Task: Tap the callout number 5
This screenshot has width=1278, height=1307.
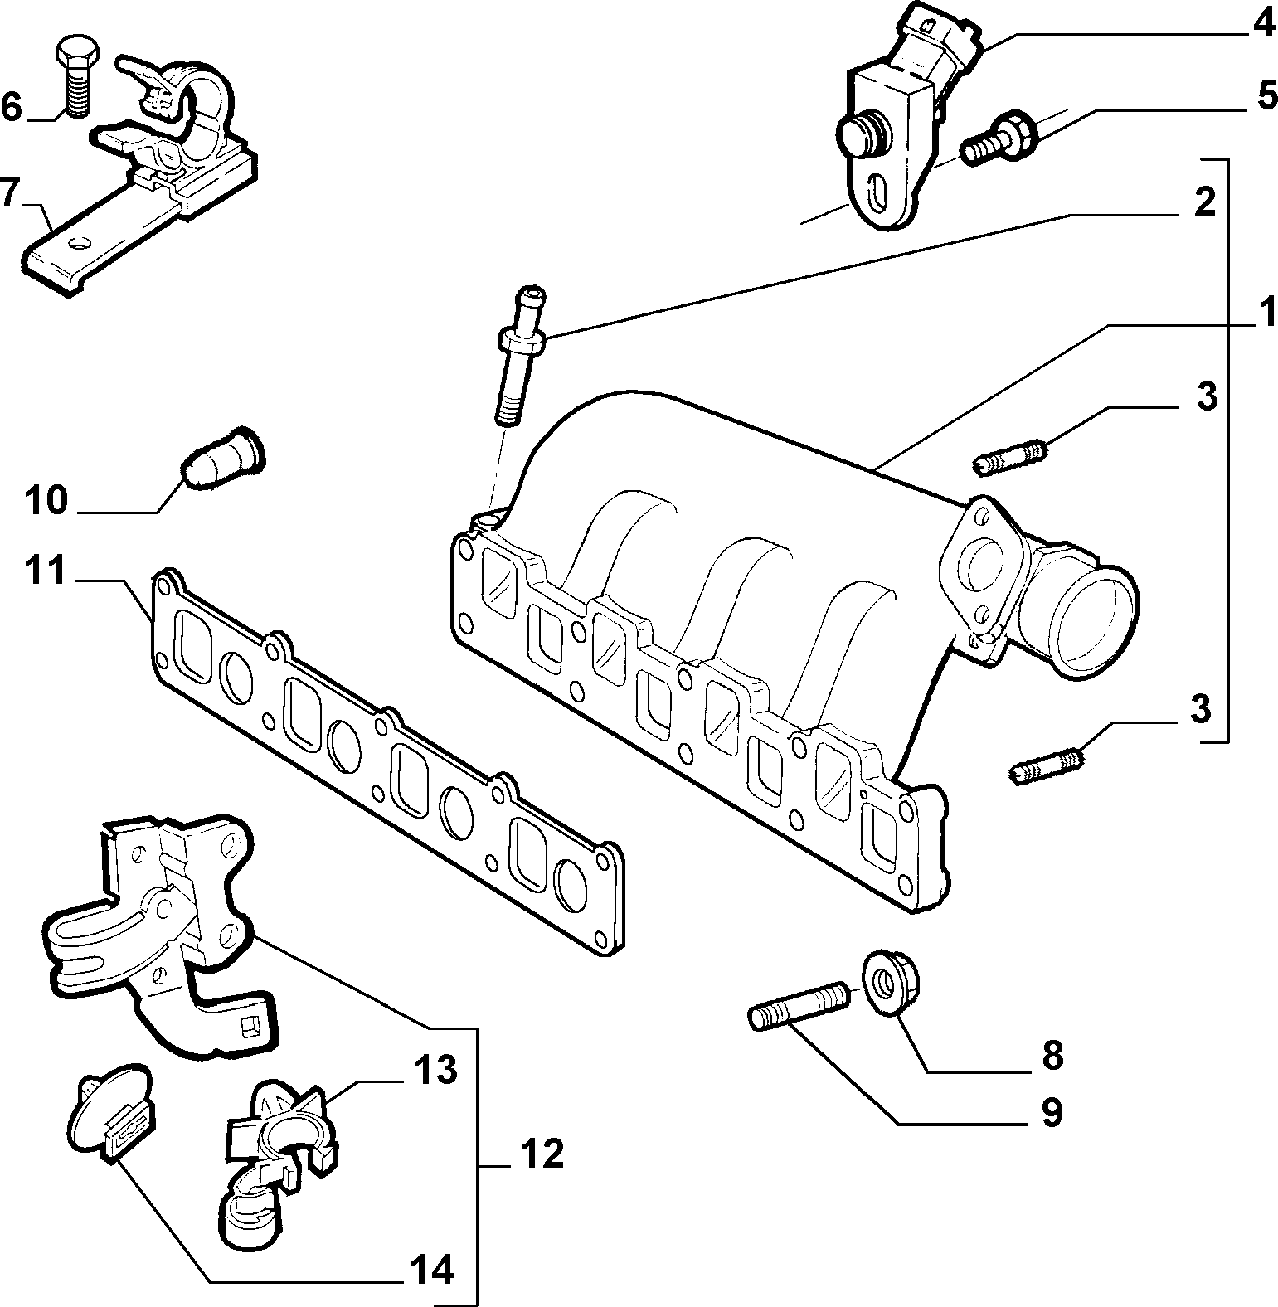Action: (1266, 96)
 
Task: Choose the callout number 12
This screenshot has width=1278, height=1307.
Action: (542, 1154)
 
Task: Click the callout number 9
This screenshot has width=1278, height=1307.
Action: (1051, 1112)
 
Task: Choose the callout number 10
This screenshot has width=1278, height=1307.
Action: (46, 500)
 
